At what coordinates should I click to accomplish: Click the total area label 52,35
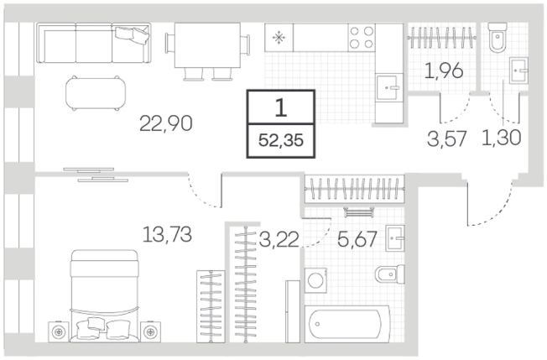[x=281, y=141]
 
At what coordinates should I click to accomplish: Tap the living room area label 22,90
[x=166, y=123]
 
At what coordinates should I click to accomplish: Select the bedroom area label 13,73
[x=167, y=234]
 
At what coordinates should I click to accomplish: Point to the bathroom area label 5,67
[x=357, y=239]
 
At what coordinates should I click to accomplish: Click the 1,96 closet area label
[x=444, y=70]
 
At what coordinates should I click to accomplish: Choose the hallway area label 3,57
[x=447, y=138]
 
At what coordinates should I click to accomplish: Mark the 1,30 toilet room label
[x=502, y=137]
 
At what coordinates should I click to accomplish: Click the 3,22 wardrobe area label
[x=279, y=240]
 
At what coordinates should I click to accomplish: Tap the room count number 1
[x=281, y=107]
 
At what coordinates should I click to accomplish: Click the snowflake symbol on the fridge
[x=279, y=38]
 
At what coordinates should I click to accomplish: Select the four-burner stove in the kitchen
[x=362, y=37]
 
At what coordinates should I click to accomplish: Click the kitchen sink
[x=388, y=87]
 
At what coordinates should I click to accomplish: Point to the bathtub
[x=347, y=324]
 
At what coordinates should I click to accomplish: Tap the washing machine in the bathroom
[x=315, y=280]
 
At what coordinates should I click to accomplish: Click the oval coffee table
[x=96, y=93]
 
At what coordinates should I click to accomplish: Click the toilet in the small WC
[x=498, y=38]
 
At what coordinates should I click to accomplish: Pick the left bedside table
[x=59, y=331]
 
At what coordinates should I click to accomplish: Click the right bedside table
[x=151, y=331]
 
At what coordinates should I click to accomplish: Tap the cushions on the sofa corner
[x=132, y=34]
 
